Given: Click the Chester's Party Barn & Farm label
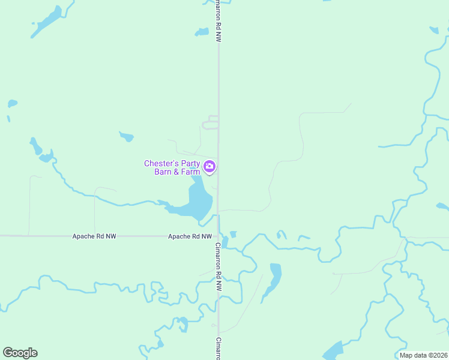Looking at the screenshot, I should tap(172, 167).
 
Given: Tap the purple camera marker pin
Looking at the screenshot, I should tap(209, 166).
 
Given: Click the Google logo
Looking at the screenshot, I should tap(20, 353).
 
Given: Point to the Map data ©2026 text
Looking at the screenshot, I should tap(423, 355).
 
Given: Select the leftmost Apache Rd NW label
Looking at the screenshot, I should tap(94, 236).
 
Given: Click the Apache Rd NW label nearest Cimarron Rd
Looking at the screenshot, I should tap(190, 236).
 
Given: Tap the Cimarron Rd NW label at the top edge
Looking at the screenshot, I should tap(219, 21).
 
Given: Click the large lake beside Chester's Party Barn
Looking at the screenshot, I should tap(198, 201).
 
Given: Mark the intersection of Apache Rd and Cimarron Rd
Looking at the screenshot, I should tap(218, 236).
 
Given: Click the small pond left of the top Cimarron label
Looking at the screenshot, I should tap(202, 32).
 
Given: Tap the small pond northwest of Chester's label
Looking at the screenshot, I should tap(126, 136).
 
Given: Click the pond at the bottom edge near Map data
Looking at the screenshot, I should tap(333, 350).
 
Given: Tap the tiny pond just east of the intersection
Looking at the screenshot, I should tap(233, 234).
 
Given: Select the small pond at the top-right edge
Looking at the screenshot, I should tap(434, 29).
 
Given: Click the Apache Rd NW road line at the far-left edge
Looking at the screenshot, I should tap(6, 236).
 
